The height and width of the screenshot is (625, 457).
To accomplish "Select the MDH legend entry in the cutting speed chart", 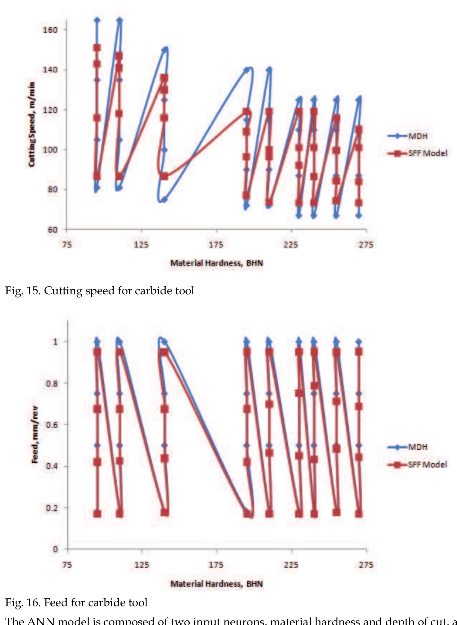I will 418,136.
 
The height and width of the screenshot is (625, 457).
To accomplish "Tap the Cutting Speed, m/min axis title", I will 32,124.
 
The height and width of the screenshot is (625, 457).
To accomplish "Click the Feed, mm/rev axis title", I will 35,434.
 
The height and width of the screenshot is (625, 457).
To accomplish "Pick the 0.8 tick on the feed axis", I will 52,383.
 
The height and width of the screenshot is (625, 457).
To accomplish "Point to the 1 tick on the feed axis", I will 55,342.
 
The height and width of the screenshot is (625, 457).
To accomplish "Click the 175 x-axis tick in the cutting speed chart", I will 216,245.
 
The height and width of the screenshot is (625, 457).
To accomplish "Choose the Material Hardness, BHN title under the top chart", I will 216,263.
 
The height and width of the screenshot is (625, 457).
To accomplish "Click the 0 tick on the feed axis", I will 55,549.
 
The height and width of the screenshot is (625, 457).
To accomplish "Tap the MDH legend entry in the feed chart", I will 418,447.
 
